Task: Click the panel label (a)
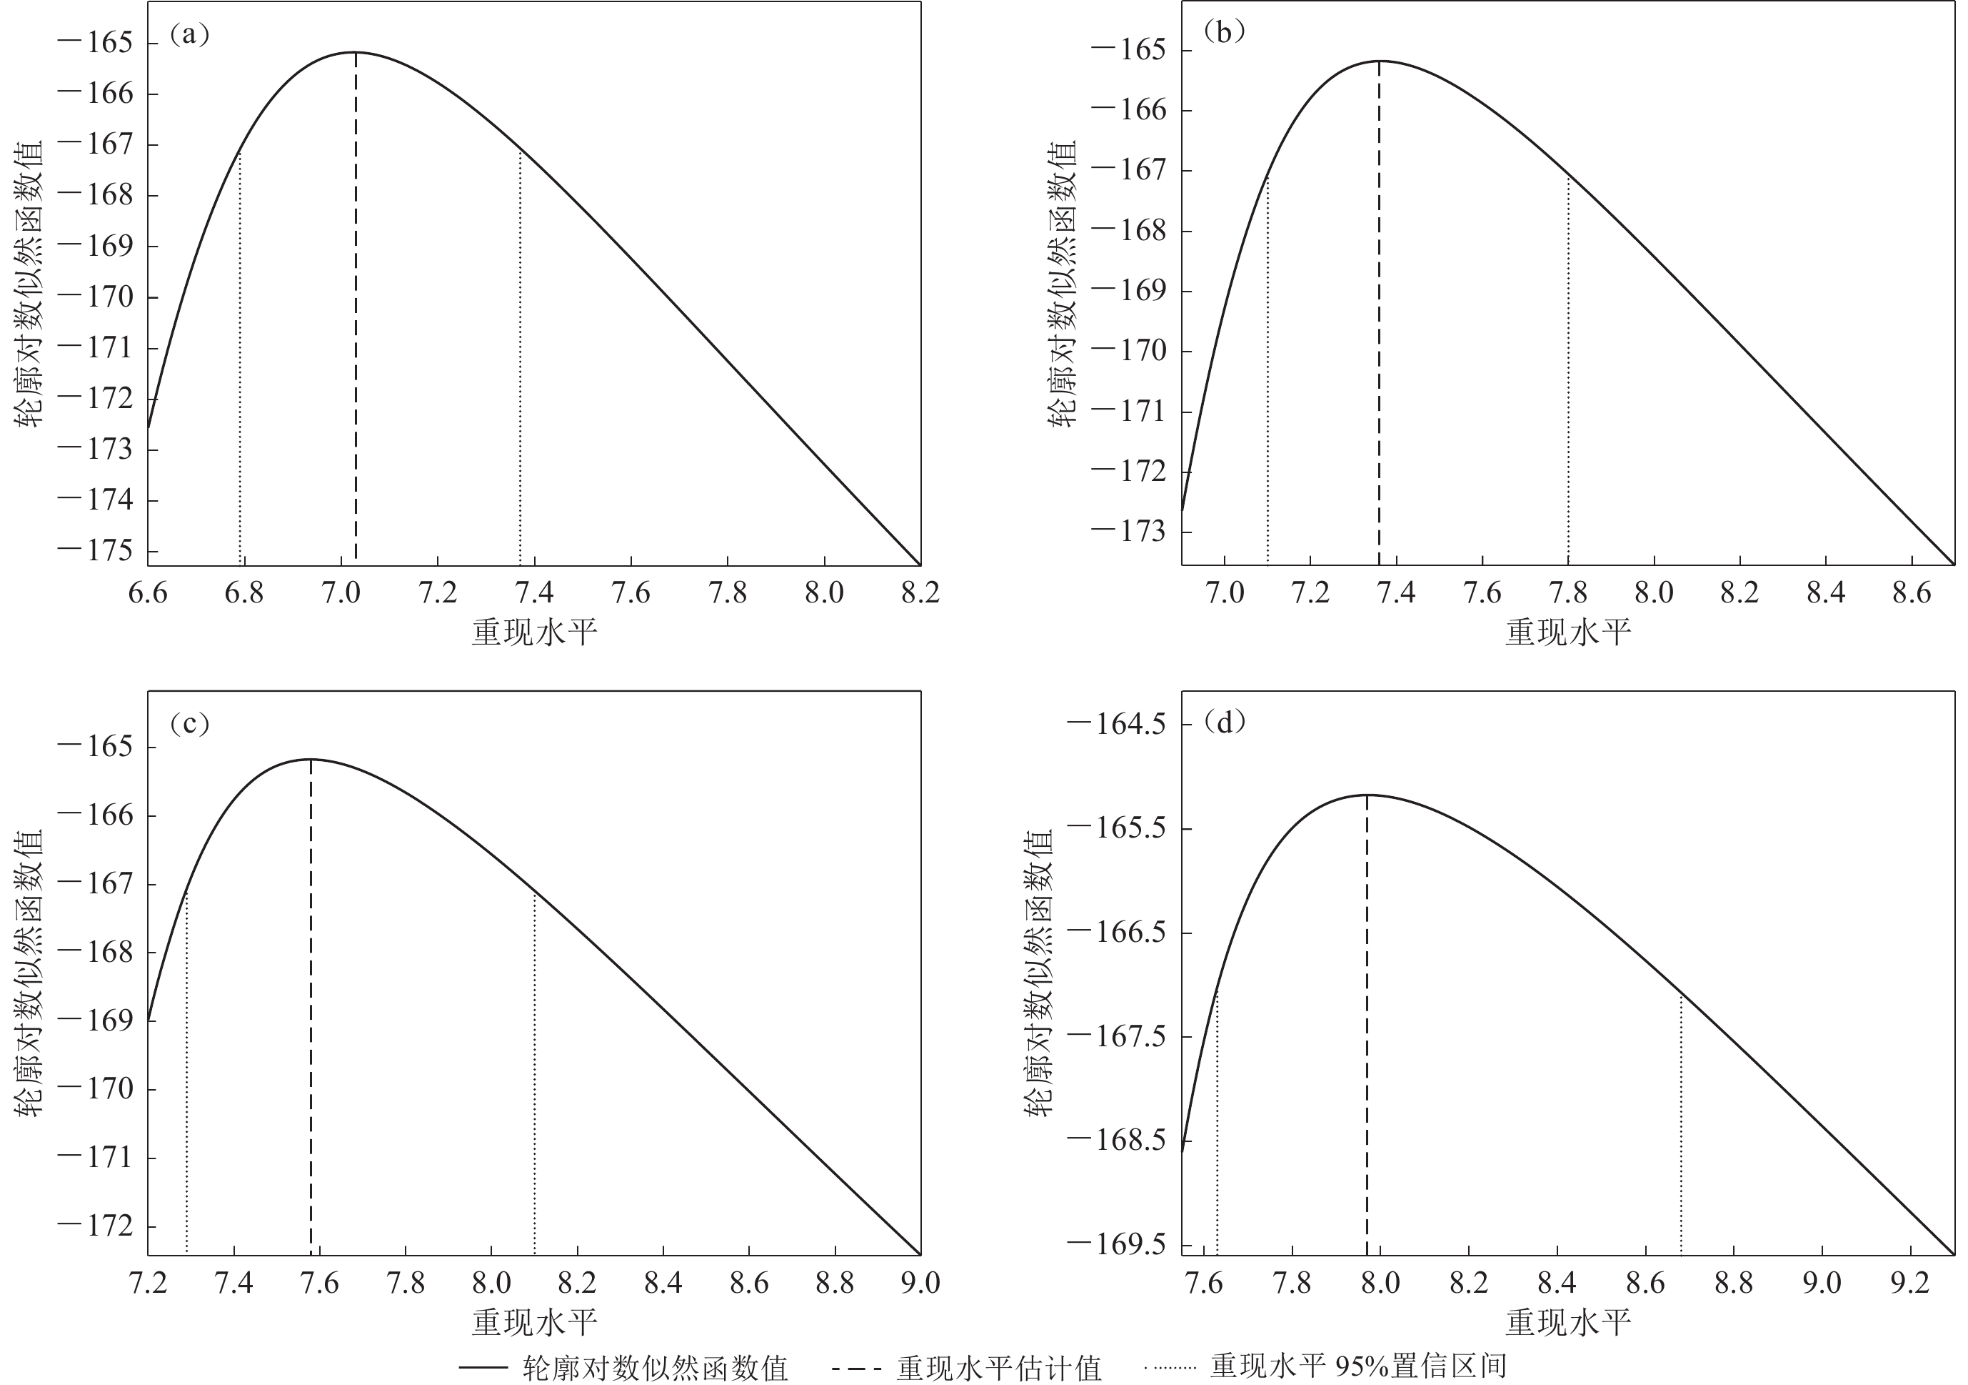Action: point(189,35)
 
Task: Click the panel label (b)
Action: point(1224,33)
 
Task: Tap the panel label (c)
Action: point(189,725)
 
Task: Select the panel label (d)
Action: point(1224,723)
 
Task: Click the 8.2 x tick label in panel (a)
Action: point(920,592)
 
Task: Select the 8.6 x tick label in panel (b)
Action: point(1912,592)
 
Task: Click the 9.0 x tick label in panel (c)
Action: point(920,1283)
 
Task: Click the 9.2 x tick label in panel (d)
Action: point(1909,1283)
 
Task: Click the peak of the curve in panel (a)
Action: point(355,52)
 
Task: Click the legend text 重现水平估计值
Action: point(998,1368)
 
